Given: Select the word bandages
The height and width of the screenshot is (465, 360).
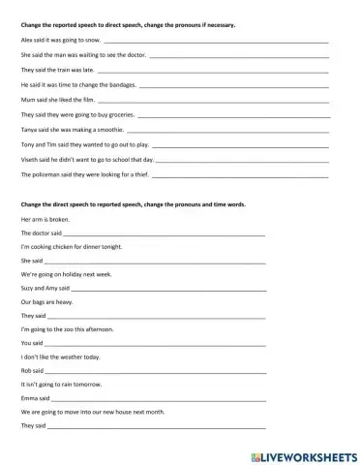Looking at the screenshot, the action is (123, 86).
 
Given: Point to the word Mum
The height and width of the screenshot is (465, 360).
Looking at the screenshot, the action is (26, 101).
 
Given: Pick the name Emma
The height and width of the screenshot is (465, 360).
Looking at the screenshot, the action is (28, 398).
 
